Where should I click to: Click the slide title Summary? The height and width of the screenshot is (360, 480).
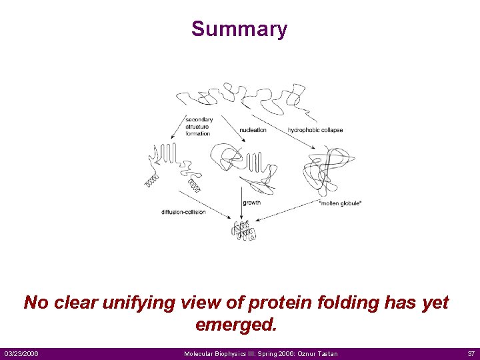point(239,29)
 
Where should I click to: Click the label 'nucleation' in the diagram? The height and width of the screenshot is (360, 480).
point(253,130)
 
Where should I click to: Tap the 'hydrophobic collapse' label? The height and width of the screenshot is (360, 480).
point(315,130)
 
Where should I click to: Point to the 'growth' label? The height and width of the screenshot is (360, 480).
point(252,203)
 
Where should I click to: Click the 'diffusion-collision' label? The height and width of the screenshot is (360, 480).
point(183,212)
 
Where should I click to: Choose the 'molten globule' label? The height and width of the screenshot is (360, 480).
point(341,203)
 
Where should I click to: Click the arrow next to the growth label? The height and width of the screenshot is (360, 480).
point(241,203)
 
